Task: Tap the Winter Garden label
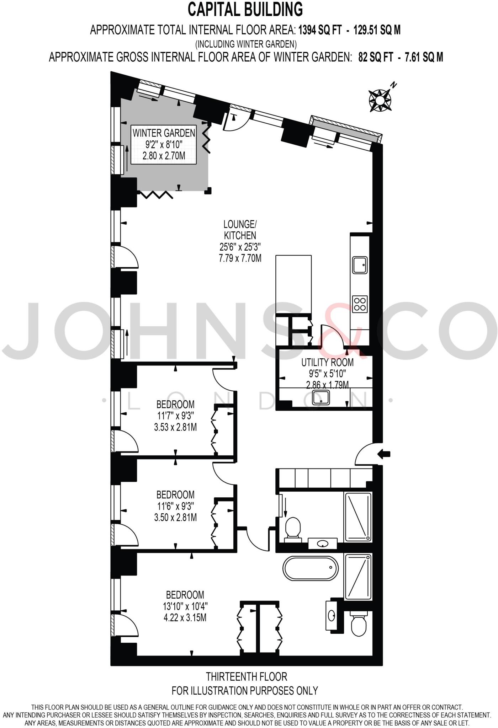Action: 164,133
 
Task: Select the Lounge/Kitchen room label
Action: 240,230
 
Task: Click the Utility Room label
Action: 327,362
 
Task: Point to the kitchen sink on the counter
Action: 360,264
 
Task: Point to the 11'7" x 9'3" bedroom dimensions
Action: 175,416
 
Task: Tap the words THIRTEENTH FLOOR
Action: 246,676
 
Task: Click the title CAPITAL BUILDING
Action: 245,10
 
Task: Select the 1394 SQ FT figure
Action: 319,30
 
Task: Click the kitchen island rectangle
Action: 293,283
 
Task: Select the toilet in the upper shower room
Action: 293,528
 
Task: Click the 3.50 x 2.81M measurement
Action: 175,518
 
